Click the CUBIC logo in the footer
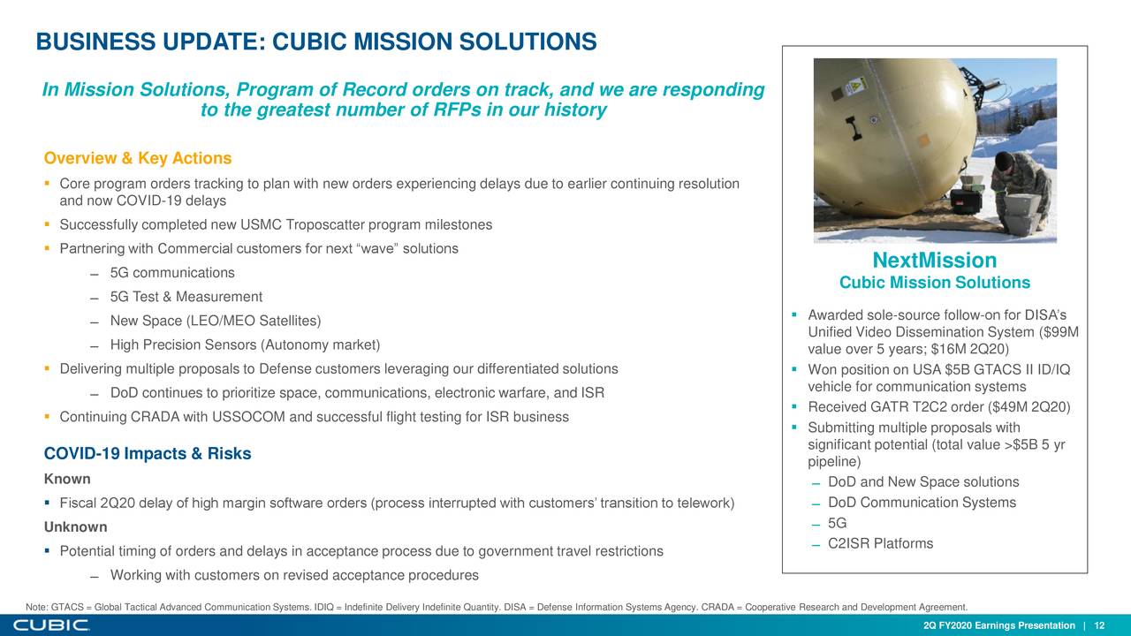click(51, 625)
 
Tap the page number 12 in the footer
click(1099, 626)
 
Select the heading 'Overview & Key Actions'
click(138, 158)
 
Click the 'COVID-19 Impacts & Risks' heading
click(148, 454)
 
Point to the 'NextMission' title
click(934, 261)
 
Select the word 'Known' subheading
click(67, 480)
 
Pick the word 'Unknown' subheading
click(76, 527)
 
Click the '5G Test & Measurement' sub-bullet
click(186, 297)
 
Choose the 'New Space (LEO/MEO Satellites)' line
click(215, 321)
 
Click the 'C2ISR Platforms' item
click(880, 543)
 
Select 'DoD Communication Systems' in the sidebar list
click(922, 503)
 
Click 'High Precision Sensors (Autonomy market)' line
click(245, 344)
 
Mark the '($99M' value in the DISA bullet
click(1060, 332)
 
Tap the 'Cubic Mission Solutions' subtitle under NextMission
click(934, 283)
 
